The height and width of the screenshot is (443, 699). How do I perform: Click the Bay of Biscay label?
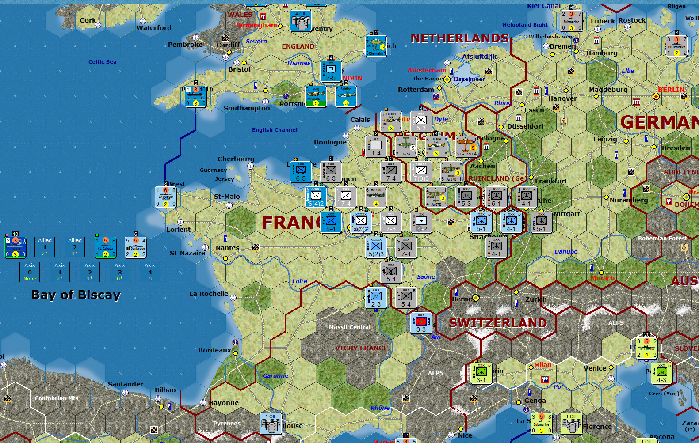tap(76, 295)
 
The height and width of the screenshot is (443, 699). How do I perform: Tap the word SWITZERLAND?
tap(498, 323)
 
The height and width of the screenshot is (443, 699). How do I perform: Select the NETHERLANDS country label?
tap(460, 38)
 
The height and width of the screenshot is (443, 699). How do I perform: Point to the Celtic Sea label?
tap(102, 62)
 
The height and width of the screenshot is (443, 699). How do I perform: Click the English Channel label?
tap(275, 130)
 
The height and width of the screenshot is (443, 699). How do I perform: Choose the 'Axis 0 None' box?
tap(30, 272)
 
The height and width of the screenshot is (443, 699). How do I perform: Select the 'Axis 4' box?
tap(150, 272)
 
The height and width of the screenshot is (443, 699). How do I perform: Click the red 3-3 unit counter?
tap(421, 322)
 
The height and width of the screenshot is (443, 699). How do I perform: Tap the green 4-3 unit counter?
tap(661, 373)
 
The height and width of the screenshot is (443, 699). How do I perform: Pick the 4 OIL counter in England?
tap(301, 21)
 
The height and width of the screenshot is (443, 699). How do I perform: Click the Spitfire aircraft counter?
tap(346, 97)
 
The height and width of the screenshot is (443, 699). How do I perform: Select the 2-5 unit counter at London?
tap(331, 71)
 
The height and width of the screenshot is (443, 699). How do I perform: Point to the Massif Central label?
tap(349, 327)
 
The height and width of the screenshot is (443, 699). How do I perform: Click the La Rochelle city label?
tap(209, 294)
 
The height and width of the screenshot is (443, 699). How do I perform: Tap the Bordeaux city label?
tap(214, 350)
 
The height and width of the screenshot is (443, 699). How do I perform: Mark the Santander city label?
tap(126, 384)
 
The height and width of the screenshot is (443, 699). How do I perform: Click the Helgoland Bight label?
tap(525, 25)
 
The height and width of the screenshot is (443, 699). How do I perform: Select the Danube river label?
tap(566, 252)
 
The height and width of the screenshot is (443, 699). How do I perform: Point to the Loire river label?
tap(300, 281)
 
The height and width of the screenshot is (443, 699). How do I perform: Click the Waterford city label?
tap(153, 28)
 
